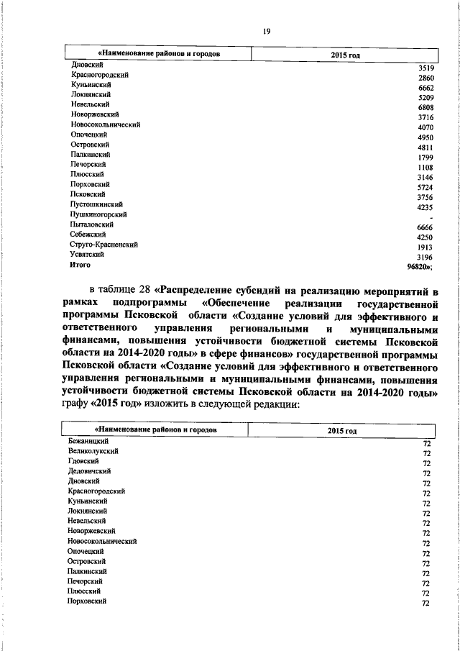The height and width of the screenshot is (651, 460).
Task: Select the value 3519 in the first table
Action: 427,68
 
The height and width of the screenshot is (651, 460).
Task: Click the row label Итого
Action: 80,265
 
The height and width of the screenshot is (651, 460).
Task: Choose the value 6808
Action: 427,108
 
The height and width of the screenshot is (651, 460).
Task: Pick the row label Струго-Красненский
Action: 103,245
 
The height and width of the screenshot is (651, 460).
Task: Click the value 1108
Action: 427,168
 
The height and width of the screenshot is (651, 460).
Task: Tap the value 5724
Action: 427,188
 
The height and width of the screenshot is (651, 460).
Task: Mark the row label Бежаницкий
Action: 88,440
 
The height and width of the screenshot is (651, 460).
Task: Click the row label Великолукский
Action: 93,450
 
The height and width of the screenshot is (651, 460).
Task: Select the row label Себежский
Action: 88,235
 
